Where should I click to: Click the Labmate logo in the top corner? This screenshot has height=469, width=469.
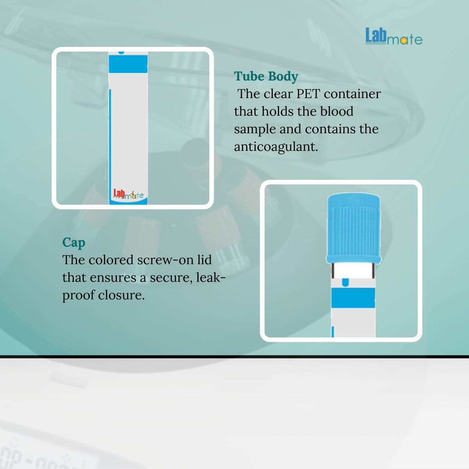click(394, 36)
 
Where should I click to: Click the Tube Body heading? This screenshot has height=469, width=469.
click(266, 77)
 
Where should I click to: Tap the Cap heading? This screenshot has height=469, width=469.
click(74, 243)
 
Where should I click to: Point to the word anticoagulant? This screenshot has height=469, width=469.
click(276, 147)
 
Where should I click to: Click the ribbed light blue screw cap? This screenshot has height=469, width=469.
click(353, 228)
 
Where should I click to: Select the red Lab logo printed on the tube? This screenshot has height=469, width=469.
click(119, 193)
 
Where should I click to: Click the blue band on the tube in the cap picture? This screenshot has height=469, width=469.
click(353, 298)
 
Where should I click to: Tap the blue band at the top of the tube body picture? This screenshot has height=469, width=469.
click(128, 64)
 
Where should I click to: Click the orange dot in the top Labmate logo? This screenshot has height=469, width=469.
click(403, 41)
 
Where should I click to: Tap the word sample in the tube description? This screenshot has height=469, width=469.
click(255, 129)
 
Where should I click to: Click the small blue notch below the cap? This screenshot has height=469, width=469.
click(345, 282)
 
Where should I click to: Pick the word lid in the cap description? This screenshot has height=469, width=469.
click(204, 260)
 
